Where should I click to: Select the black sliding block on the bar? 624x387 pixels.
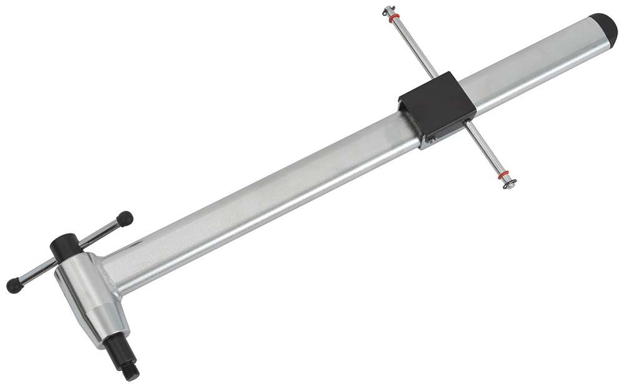pos(437,105)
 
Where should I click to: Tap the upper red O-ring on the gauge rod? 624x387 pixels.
pos(394,18)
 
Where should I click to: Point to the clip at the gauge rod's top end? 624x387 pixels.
pos(388,10)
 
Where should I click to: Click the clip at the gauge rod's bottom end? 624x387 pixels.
pos(510,184)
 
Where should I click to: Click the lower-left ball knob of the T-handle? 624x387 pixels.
pos(13,286)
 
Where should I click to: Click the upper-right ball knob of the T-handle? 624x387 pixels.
pos(125,218)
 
